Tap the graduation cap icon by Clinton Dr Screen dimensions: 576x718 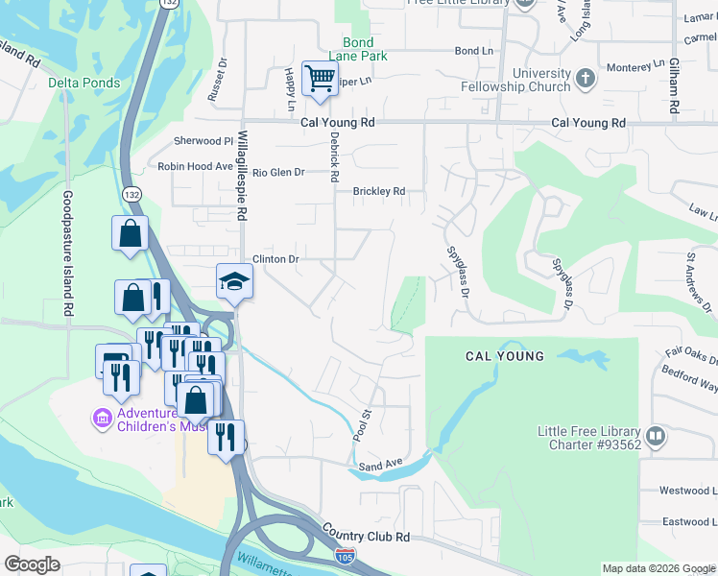click(x=233, y=281)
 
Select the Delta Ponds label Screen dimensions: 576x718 click(x=84, y=83)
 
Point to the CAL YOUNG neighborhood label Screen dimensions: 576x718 click(x=504, y=356)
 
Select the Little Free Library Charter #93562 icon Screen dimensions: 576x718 click(x=657, y=437)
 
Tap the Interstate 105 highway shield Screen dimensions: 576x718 click(x=346, y=556)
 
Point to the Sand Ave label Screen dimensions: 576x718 click(x=380, y=467)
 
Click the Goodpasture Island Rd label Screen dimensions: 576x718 click(x=67, y=254)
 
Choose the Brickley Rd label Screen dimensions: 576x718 click(x=379, y=191)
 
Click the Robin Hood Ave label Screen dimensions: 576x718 click(x=196, y=166)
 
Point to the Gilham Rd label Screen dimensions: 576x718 click(x=675, y=86)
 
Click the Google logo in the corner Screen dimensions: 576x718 click(x=32, y=564)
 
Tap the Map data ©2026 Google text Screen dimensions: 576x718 click(x=658, y=568)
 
